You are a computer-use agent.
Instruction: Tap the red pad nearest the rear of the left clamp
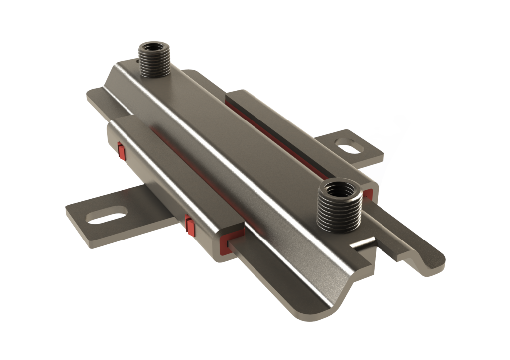120,149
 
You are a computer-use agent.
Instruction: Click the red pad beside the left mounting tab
189,225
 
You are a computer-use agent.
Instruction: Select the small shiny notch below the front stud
363,243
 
